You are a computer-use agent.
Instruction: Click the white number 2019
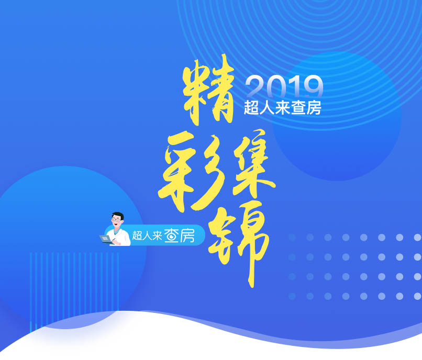[284, 87]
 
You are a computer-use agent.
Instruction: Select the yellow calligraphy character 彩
[192, 172]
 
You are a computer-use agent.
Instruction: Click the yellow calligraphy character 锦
[239, 242]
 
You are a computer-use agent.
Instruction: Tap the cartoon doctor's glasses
[116, 220]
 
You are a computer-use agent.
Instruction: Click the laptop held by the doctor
[106, 239]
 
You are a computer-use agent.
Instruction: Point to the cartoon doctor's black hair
[118, 216]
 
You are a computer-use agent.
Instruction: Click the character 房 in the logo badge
[187, 235]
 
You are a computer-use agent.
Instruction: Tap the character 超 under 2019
[251, 108]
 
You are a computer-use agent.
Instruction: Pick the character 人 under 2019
[267, 108]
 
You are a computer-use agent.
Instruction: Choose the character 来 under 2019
[282, 108]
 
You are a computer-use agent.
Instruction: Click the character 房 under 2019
[314, 108]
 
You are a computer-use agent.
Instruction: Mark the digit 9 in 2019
[314, 87]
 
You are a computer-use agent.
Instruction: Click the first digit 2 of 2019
[255, 87]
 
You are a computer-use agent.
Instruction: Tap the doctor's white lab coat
[120, 237]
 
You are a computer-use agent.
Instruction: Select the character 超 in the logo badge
[137, 235]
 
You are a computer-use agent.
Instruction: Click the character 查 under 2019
[298, 108]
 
